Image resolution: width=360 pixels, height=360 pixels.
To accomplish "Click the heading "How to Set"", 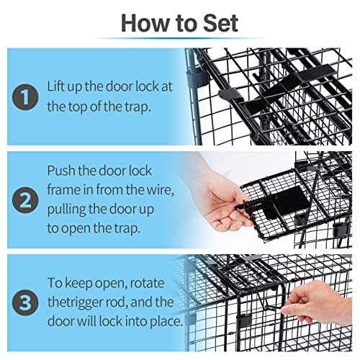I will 179,22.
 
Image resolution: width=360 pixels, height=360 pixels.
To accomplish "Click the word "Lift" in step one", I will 60,87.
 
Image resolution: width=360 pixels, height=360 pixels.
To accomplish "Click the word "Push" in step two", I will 63,172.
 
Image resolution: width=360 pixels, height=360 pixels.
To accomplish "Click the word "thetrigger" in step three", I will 79,302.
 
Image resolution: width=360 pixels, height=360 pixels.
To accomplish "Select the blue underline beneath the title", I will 179,38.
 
